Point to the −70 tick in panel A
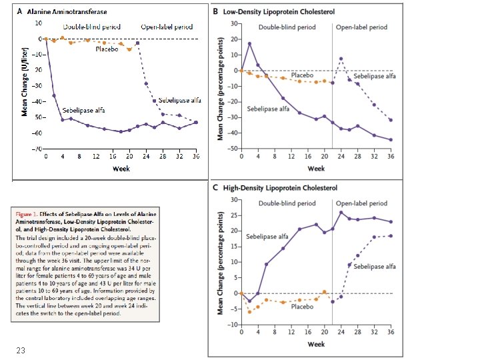(38, 148)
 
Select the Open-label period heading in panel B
(361, 28)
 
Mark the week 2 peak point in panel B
(249, 44)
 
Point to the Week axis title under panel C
(316, 344)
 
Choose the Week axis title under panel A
(121, 169)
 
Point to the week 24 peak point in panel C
(341, 213)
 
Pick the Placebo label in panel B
(302, 76)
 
